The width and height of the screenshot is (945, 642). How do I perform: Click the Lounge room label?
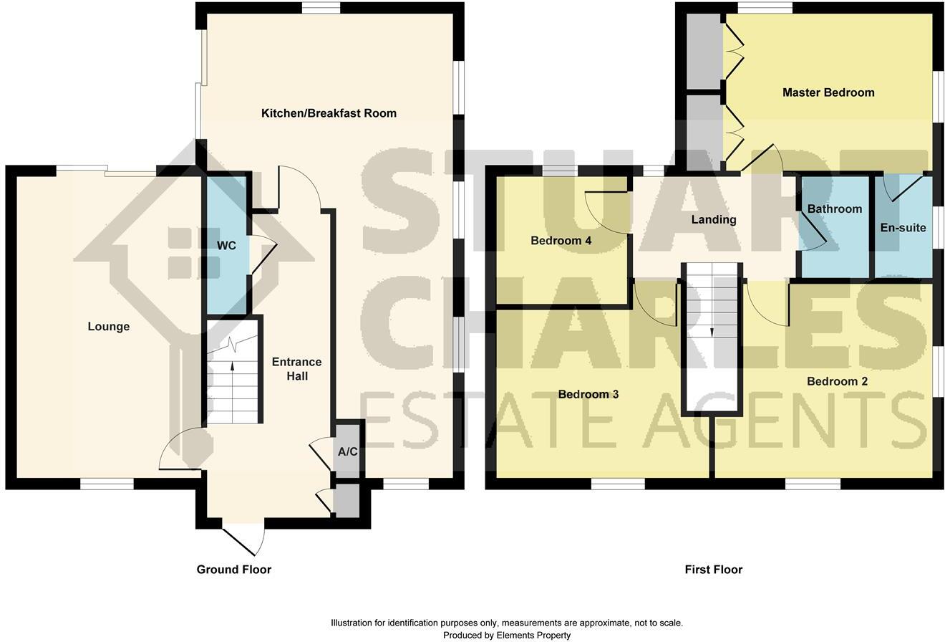109,327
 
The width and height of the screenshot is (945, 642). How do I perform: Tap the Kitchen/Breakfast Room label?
329,113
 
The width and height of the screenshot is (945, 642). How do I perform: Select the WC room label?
226,246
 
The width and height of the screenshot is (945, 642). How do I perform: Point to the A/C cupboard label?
347,452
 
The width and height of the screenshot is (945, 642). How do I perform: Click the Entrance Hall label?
296,369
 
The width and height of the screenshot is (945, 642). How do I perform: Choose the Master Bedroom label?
828,92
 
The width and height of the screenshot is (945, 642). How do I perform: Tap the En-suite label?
903,228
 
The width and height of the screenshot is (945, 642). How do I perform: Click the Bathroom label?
834,209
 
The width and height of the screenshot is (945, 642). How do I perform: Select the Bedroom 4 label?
561,241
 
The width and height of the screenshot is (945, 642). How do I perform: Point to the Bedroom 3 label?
588,395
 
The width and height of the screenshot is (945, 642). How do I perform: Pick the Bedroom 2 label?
837,381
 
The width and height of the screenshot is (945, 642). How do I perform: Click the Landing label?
713,220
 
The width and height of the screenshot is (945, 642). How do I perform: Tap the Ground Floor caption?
234,570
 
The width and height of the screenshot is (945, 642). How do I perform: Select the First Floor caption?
713,570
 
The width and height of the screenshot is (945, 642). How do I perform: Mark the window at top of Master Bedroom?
765,8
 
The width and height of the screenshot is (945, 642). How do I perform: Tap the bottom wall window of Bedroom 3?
618,484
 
